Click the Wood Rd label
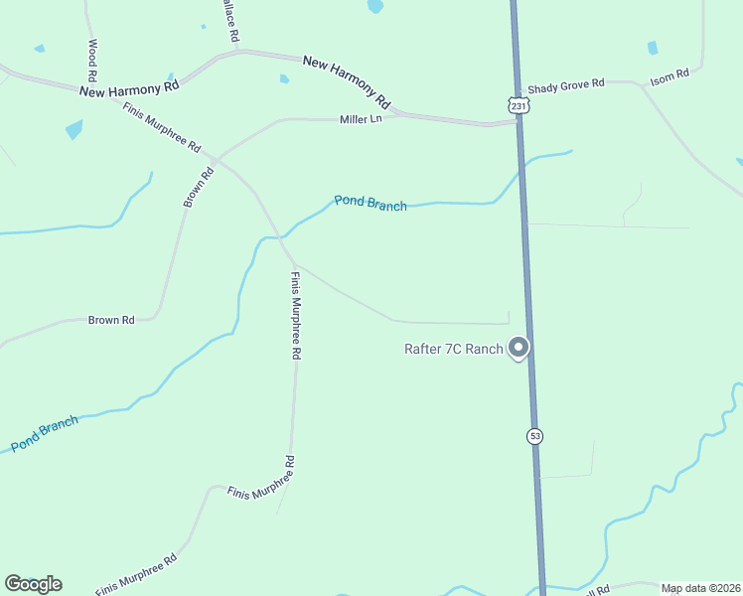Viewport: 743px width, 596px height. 92,61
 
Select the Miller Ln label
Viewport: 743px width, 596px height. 361,119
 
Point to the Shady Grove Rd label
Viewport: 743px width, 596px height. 566,85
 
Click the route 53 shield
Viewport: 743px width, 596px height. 535,436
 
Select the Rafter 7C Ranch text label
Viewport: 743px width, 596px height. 454,349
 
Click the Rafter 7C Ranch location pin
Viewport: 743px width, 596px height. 518,348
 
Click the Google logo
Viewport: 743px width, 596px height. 33,584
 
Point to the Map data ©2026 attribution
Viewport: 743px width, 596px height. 699,588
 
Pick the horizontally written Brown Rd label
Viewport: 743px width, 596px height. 111,320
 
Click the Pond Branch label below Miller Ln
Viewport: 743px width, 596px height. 371,203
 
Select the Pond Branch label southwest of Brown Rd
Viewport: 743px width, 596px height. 45,434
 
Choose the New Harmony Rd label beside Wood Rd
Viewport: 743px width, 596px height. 129,87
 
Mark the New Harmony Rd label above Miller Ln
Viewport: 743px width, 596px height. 347,81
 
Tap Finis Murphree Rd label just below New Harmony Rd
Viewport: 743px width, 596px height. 162,127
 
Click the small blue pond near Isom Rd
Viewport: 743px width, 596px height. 653,48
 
